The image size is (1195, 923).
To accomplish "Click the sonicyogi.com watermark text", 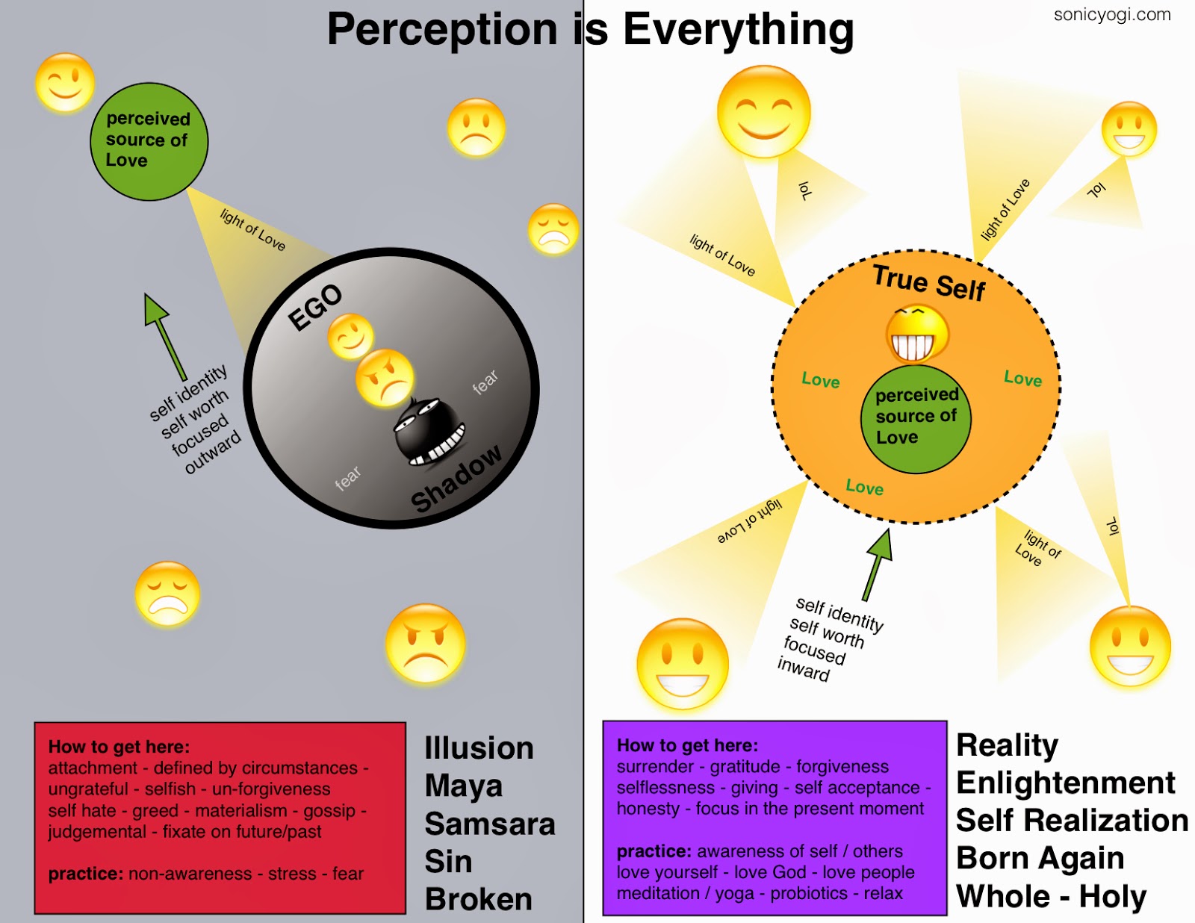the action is click(x=1111, y=15).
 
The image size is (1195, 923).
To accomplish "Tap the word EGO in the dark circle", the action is click(x=315, y=307).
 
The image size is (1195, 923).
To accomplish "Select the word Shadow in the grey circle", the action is click(x=456, y=478).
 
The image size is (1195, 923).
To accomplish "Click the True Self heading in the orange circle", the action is click(x=929, y=283).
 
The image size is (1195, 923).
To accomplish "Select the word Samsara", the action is click(x=490, y=824).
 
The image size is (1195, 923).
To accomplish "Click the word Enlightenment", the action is click(x=1066, y=783).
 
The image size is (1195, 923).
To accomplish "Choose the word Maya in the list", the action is click(x=464, y=786).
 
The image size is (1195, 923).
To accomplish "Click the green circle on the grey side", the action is click(x=149, y=141).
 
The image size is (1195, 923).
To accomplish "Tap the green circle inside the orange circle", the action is click(x=916, y=418).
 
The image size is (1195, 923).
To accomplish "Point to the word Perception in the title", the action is click(x=442, y=30).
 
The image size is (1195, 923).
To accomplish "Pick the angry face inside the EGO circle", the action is click(x=385, y=377).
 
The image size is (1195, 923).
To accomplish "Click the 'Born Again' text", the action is click(x=1040, y=858).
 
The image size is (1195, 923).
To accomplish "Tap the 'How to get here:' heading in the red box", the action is click(x=119, y=747).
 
